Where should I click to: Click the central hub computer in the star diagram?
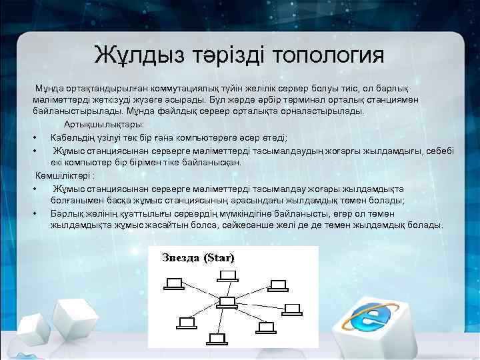coord(227,301)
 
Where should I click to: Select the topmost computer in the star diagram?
coord(227,275)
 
